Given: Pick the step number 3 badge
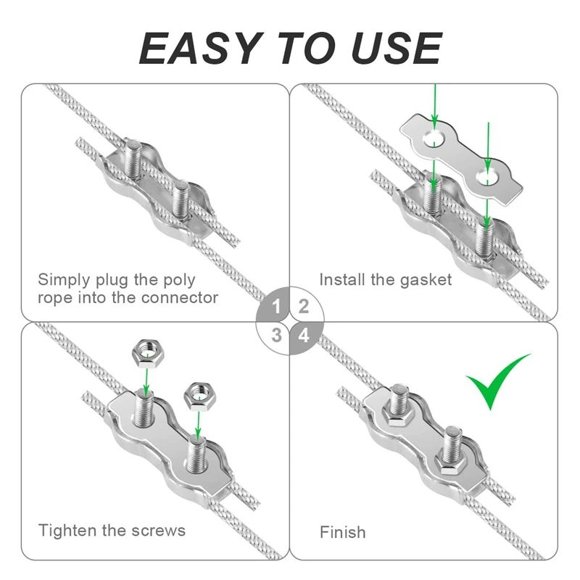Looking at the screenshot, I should (x=275, y=335).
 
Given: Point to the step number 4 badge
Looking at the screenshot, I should (x=304, y=336).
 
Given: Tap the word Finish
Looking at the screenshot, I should (x=343, y=533).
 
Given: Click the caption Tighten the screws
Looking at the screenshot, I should (x=112, y=530).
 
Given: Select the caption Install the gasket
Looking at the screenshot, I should (x=386, y=279).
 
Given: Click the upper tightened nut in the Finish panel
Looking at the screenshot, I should (x=397, y=415).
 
